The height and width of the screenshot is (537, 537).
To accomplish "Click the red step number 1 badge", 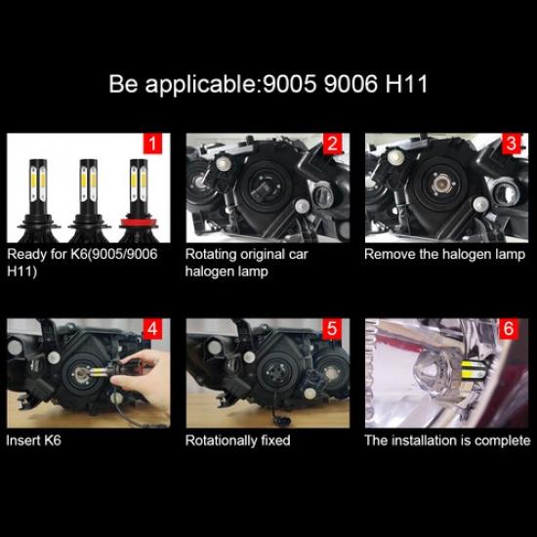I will [151, 145].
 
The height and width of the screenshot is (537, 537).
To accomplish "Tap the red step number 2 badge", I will [333, 145].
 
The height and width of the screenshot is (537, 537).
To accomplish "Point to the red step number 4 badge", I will [151, 329].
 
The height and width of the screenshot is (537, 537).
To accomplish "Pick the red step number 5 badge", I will [333, 329].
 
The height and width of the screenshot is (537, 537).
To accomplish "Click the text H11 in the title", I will [404, 83].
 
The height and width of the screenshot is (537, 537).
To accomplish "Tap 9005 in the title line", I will [291, 83].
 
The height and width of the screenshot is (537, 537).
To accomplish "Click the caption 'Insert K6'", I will [34, 440].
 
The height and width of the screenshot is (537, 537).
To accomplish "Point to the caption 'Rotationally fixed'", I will [237, 440].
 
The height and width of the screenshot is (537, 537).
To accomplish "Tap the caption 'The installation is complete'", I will [446, 440].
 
